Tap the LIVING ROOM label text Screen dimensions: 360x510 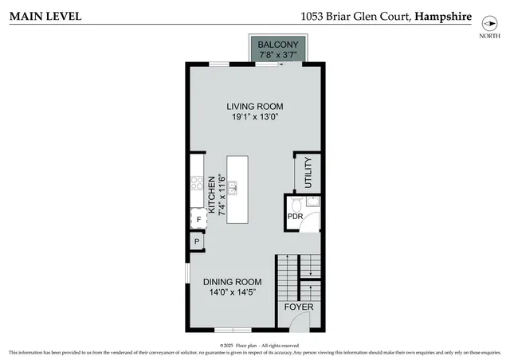pos(254,107)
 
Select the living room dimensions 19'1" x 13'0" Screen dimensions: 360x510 pos(254,118)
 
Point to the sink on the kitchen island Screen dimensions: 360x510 pos(233,189)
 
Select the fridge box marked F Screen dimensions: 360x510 pos(198,218)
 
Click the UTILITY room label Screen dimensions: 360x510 pos(308,172)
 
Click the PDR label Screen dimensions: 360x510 pos(295,217)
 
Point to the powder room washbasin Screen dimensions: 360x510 pos(312,202)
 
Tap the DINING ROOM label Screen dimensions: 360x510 pos(232,282)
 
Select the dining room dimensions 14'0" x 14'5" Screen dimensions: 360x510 pos(232,292)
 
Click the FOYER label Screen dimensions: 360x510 pos(300,307)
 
